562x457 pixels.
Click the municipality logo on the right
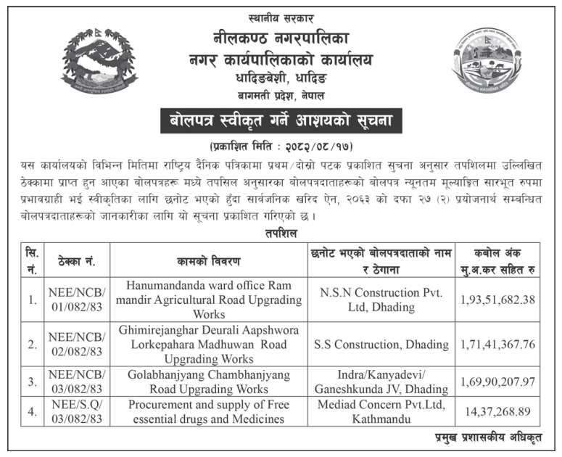click(487, 64)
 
